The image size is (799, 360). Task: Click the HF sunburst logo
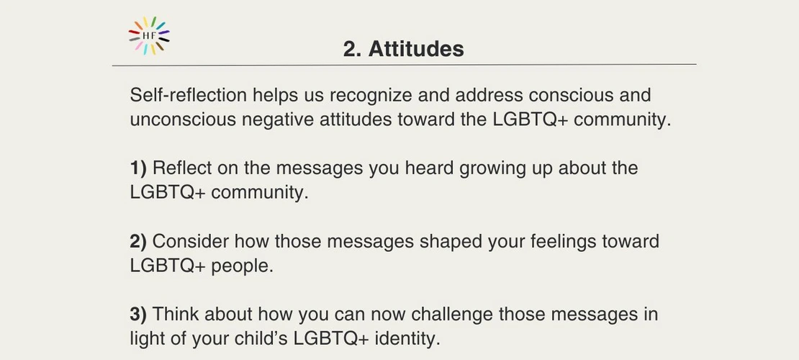pyautogui.click(x=149, y=35)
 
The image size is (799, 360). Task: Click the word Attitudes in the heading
pyautogui.click(x=416, y=49)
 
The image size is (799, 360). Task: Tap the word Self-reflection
pyautogui.click(x=189, y=95)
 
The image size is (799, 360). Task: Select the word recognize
pyautogui.click(x=371, y=96)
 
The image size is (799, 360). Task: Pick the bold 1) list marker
pyautogui.click(x=138, y=168)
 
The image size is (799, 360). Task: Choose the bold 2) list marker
pyautogui.click(x=138, y=241)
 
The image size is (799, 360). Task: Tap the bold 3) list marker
pyautogui.click(x=138, y=314)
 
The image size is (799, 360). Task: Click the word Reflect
pyautogui.click(x=182, y=168)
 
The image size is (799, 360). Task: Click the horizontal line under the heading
pyautogui.click(x=404, y=66)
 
